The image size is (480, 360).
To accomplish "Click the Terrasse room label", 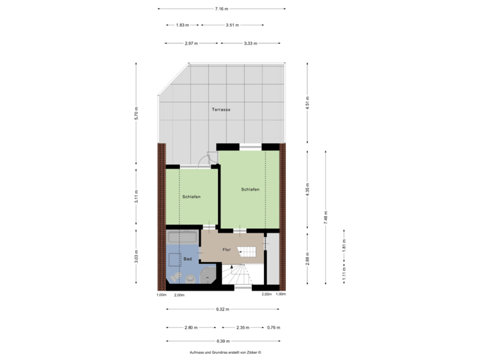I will (x=221, y=109).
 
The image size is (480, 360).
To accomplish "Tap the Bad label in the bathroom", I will (x=188, y=258).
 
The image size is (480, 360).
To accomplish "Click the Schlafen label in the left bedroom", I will (x=191, y=197).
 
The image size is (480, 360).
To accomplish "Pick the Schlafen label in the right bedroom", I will (x=250, y=190).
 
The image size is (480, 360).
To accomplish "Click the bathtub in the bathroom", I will (x=182, y=237).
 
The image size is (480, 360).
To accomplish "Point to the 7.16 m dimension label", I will (x=222, y=9).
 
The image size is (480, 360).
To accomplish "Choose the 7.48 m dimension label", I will (x=325, y=218).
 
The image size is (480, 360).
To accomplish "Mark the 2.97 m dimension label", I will (x=191, y=43).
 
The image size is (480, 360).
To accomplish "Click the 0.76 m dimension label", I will (x=272, y=328).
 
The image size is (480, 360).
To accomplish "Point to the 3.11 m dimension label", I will (x=136, y=197).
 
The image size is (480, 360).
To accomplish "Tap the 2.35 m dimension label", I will (x=243, y=328).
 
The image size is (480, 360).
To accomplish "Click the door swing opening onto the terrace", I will (x=211, y=158).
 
